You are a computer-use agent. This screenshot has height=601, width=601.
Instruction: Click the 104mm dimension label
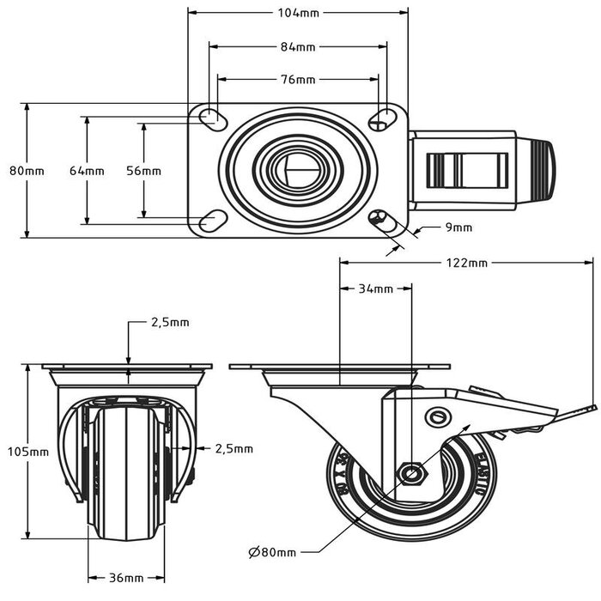click(299, 13)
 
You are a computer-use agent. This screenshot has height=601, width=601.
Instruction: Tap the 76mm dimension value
click(299, 80)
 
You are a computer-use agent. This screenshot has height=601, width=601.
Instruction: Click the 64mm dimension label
click(87, 171)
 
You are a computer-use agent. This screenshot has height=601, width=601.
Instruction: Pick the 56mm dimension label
click(143, 171)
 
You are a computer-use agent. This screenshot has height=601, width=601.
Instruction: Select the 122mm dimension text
click(467, 263)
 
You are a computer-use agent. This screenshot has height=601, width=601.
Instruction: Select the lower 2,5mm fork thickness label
click(234, 448)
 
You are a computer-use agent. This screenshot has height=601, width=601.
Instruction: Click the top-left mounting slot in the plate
click(209, 118)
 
